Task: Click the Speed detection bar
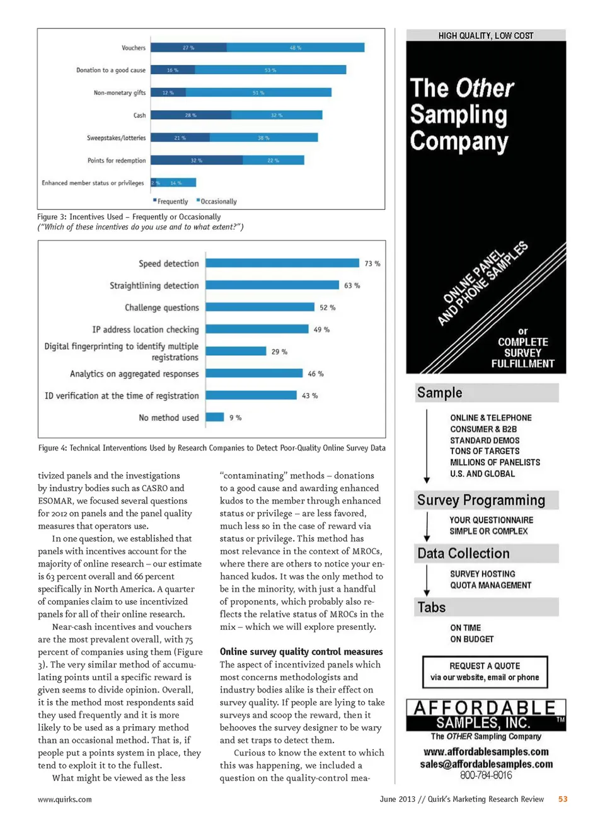282,263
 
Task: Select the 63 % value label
352,285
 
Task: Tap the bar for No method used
215,417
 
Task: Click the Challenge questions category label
161,307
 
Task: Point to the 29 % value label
279,351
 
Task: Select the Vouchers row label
134,48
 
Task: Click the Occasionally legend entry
218,202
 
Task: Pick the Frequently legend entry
171,202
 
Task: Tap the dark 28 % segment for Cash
191,115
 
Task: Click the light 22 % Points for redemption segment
273,161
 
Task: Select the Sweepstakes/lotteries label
116,138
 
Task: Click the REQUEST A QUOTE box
485,671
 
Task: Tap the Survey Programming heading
481,500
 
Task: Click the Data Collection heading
463,553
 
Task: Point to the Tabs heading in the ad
432,607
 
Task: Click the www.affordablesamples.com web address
486,751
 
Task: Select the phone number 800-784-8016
486,775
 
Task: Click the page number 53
563,799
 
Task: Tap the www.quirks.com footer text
64,799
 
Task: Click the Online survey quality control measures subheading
301,651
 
